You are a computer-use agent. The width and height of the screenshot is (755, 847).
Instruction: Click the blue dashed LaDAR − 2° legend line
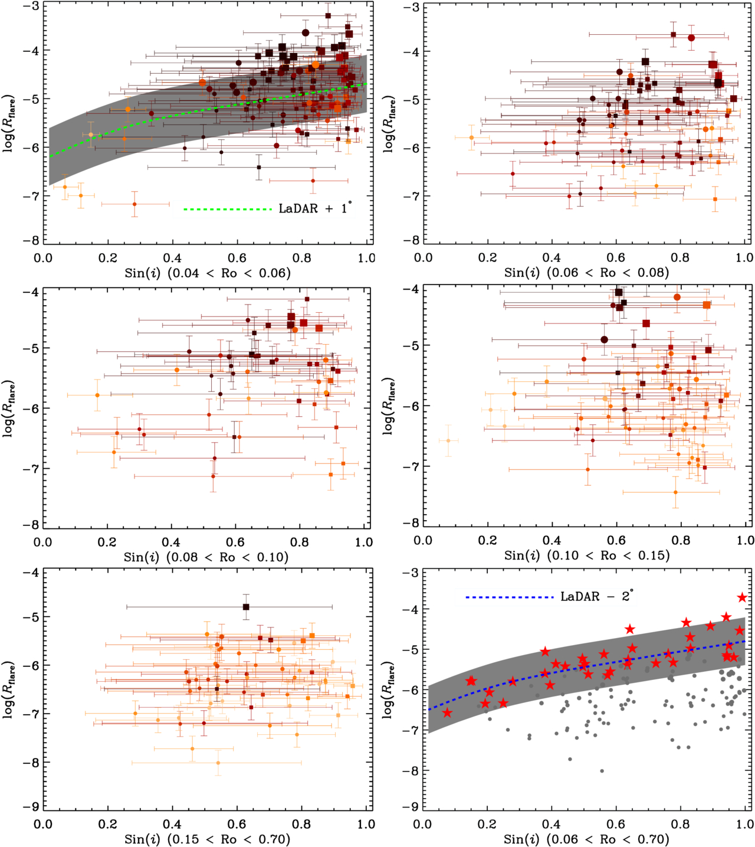[509, 597]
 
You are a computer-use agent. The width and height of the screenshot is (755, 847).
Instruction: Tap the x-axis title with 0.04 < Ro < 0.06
[208, 273]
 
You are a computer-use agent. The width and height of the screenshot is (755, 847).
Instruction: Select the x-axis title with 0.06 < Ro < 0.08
[586, 273]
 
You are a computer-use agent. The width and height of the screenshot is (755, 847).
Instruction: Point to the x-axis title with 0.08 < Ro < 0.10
[206, 557]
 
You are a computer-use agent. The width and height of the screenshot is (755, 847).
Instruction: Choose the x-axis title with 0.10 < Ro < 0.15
[586, 555]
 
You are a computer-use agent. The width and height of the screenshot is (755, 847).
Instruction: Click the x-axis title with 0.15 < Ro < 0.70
[207, 839]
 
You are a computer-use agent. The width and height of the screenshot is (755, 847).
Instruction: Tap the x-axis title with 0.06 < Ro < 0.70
[586, 839]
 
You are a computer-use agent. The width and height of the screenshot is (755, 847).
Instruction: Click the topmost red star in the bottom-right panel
[742, 598]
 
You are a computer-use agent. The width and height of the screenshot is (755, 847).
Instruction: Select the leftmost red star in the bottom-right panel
[447, 713]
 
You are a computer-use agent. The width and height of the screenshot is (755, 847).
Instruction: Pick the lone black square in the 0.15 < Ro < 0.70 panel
[246, 607]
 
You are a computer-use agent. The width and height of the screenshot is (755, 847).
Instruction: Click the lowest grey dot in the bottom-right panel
[602, 771]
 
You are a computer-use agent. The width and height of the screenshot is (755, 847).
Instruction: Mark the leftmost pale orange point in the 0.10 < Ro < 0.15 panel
[448, 440]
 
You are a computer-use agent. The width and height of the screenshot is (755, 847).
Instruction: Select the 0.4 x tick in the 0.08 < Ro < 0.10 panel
[171, 542]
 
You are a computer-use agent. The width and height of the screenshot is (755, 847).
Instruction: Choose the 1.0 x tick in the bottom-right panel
[744, 824]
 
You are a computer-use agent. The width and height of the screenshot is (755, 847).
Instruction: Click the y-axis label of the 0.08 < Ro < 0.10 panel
[9, 408]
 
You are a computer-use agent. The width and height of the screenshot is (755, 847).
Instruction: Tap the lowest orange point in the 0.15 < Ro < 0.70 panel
[218, 763]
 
